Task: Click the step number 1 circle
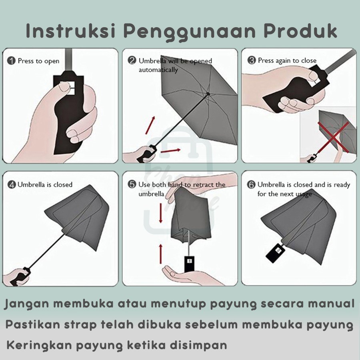pyautogui.click(x=12, y=61)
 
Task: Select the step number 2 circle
pyautogui.click(x=132, y=61)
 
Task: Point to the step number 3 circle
pyautogui.click(x=252, y=61)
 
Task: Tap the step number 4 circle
pyautogui.click(x=12, y=185)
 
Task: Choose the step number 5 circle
pyautogui.click(x=132, y=185)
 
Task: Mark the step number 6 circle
pyautogui.click(x=251, y=185)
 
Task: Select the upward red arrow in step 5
pyautogui.click(x=161, y=253)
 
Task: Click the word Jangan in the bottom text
pyautogui.click(x=26, y=304)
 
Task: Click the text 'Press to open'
pyautogui.click(x=38, y=61)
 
